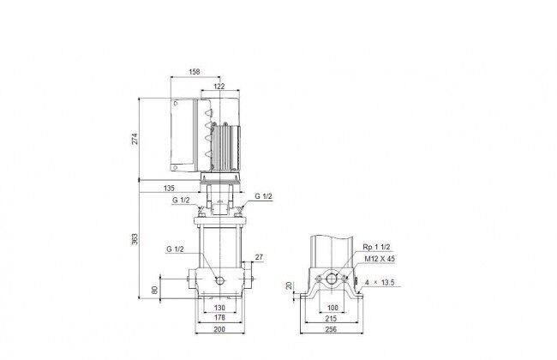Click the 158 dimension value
pyautogui.click(x=195, y=72)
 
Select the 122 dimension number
pyautogui.click(x=219, y=87)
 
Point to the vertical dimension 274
pyautogui.click(x=135, y=139)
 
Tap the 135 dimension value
pyautogui.click(x=169, y=189)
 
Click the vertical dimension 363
pyautogui.click(x=135, y=239)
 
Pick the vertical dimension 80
pyautogui.click(x=155, y=290)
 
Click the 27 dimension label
pyautogui.click(x=259, y=257)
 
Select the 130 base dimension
pyautogui.click(x=220, y=308)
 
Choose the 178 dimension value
pyautogui.click(x=220, y=318)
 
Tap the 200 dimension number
pyautogui.click(x=219, y=329)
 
